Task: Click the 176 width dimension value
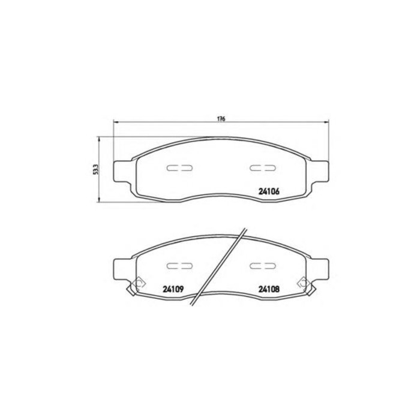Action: [x=221, y=119]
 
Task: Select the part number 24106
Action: [x=269, y=193]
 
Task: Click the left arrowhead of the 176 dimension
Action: [x=116, y=124]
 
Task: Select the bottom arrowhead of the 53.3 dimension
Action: [x=100, y=201]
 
